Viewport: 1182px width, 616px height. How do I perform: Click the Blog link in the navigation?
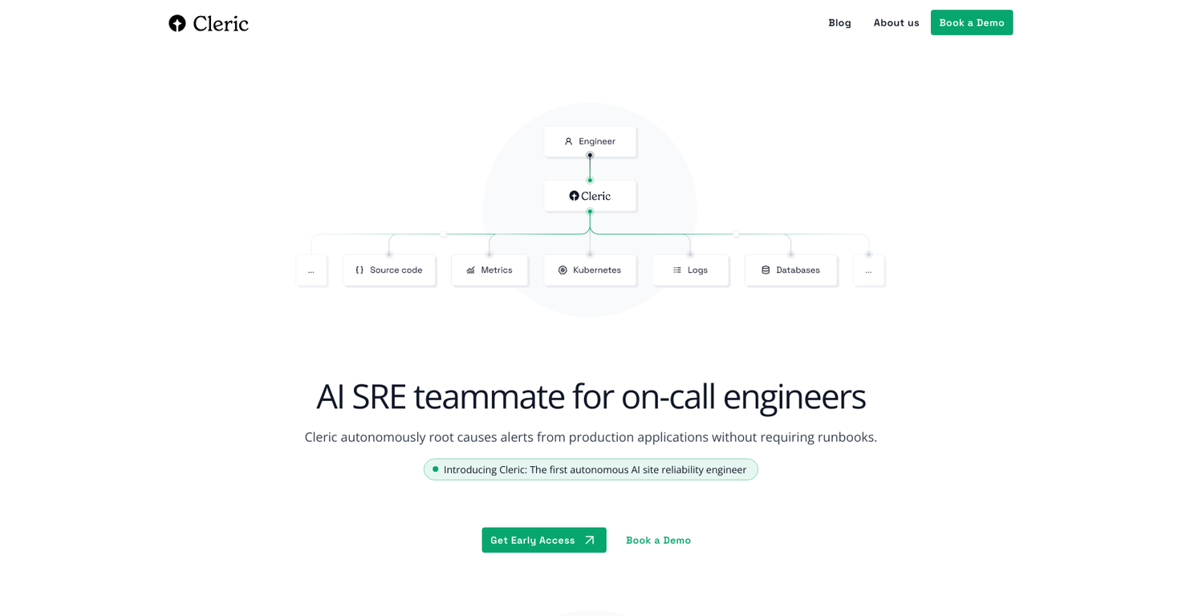click(839, 22)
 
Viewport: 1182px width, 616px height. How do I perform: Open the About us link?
click(896, 22)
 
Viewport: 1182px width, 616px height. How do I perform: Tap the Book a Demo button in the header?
click(972, 22)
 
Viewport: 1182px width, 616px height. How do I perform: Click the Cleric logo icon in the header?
click(177, 23)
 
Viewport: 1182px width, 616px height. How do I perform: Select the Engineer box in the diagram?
click(590, 141)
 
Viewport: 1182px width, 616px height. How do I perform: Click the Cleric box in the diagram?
click(590, 197)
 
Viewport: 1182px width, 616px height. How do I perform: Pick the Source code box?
click(389, 270)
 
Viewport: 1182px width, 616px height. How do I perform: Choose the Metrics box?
click(489, 270)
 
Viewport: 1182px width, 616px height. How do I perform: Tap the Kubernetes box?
click(590, 270)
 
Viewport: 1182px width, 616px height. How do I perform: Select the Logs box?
click(690, 270)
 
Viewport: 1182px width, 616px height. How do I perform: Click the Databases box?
click(790, 270)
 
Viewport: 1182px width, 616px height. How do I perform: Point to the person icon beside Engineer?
click(568, 141)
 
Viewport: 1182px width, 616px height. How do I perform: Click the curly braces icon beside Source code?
click(359, 270)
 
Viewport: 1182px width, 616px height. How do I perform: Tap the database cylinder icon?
click(766, 270)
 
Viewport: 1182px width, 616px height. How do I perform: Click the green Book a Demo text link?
click(658, 540)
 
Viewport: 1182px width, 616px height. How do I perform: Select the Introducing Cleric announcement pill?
click(591, 469)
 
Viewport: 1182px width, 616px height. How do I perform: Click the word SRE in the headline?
click(378, 396)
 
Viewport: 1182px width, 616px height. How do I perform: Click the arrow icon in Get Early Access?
click(590, 540)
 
